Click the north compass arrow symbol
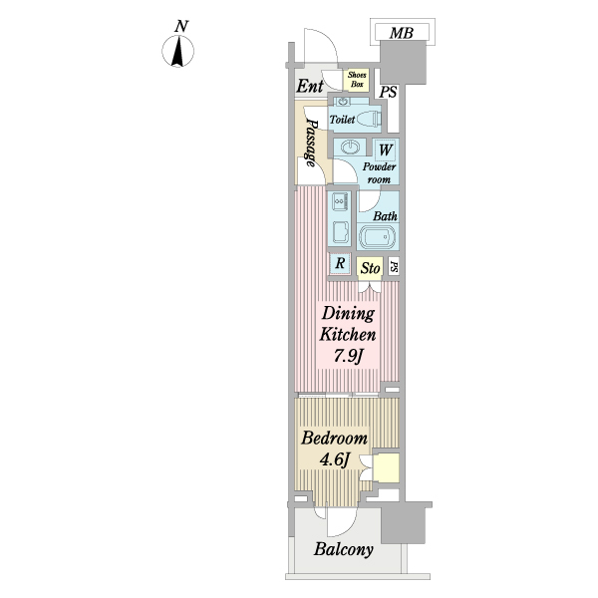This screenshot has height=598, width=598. [x=177, y=51]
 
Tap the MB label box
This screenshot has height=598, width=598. [x=402, y=32]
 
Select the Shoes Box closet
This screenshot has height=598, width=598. [x=356, y=80]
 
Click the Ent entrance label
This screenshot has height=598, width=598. [x=310, y=86]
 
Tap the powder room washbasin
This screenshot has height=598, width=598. [x=349, y=147]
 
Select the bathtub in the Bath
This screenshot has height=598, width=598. [x=377, y=237]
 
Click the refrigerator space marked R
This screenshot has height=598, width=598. [x=340, y=263]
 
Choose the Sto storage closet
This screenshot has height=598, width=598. [x=370, y=268]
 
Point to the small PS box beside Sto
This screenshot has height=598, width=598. [x=394, y=266]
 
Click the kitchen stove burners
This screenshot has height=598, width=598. [x=339, y=201]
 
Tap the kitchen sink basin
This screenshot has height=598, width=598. [x=340, y=231]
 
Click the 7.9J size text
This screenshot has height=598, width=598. [x=348, y=356]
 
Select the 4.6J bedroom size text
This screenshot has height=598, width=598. [x=335, y=459]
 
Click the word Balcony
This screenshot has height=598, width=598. [x=343, y=549]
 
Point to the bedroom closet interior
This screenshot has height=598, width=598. [x=386, y=468]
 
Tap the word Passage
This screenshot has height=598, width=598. [x=311, y=143]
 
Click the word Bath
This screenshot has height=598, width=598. [x=385, y=216]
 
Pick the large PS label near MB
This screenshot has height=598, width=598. [x=389, y=92]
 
